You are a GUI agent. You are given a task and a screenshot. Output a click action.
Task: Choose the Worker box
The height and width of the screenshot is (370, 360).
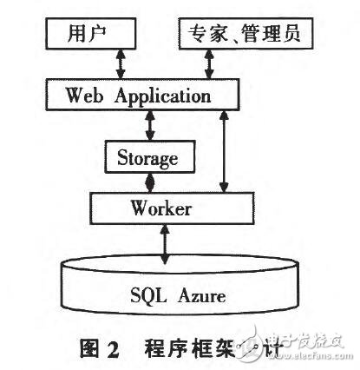click(161, 209)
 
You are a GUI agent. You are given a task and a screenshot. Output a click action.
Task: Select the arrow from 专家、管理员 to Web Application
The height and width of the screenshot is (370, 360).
click(208, 64)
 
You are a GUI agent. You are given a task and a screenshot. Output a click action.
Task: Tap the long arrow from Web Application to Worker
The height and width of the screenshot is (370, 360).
click(224, 151)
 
